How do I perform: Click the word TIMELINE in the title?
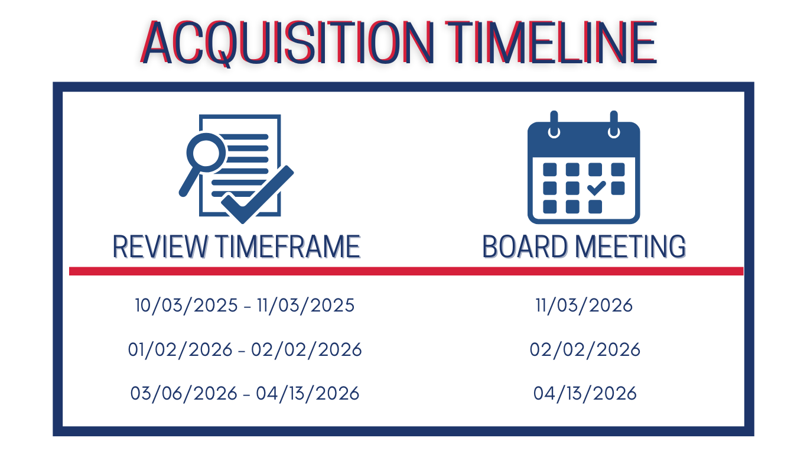[551, 42]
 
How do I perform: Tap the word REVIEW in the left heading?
[160, 247]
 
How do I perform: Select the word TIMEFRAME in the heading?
[288, 247]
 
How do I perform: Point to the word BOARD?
[525, 247]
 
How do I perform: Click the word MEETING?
[630, 247]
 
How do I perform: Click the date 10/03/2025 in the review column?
[186, 306]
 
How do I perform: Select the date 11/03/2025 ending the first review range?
[306, 306]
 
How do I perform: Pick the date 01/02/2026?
[180, 350]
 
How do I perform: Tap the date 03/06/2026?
[184, 394]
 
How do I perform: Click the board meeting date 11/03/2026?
[584, 306]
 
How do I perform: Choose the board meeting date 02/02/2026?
[585, 350]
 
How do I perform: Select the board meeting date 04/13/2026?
[585, 394]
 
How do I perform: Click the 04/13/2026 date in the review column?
[308, 394]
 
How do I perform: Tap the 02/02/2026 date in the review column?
[307, 350]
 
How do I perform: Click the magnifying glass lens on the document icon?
[206, 153]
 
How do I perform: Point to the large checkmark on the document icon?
[258, 194]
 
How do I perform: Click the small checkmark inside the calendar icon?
[596, 188]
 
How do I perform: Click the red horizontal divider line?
[406, 271]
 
